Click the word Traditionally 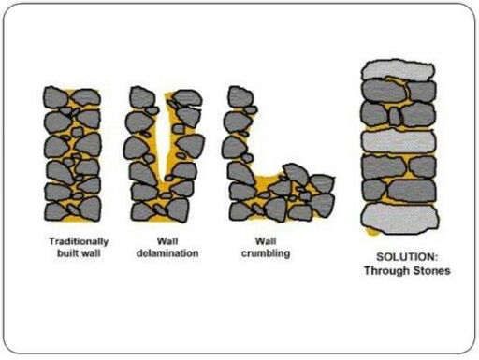(x=79, y=241)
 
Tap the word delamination (x=167, y=253)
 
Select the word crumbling (x=266, y=253)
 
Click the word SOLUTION (x=407, y=257)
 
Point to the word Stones (x=431, y=270)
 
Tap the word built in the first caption (x=66, y=253)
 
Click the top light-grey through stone (x=398, y=70)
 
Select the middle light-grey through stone (x=399, y=142)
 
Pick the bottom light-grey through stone (x=400, y=219)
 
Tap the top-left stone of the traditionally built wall (x=55, y=97)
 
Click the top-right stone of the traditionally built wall (x=86, y=97)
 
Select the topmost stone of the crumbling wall (x=240, y=97)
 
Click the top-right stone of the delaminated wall (x=188, y=98)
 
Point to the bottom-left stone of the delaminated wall (x=143, y=211)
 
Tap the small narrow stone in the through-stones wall (x=395, y=116)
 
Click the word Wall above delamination (x=167, y=241)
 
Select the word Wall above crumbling (x=266, y=241)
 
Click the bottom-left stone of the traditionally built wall (x=56, y=212)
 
